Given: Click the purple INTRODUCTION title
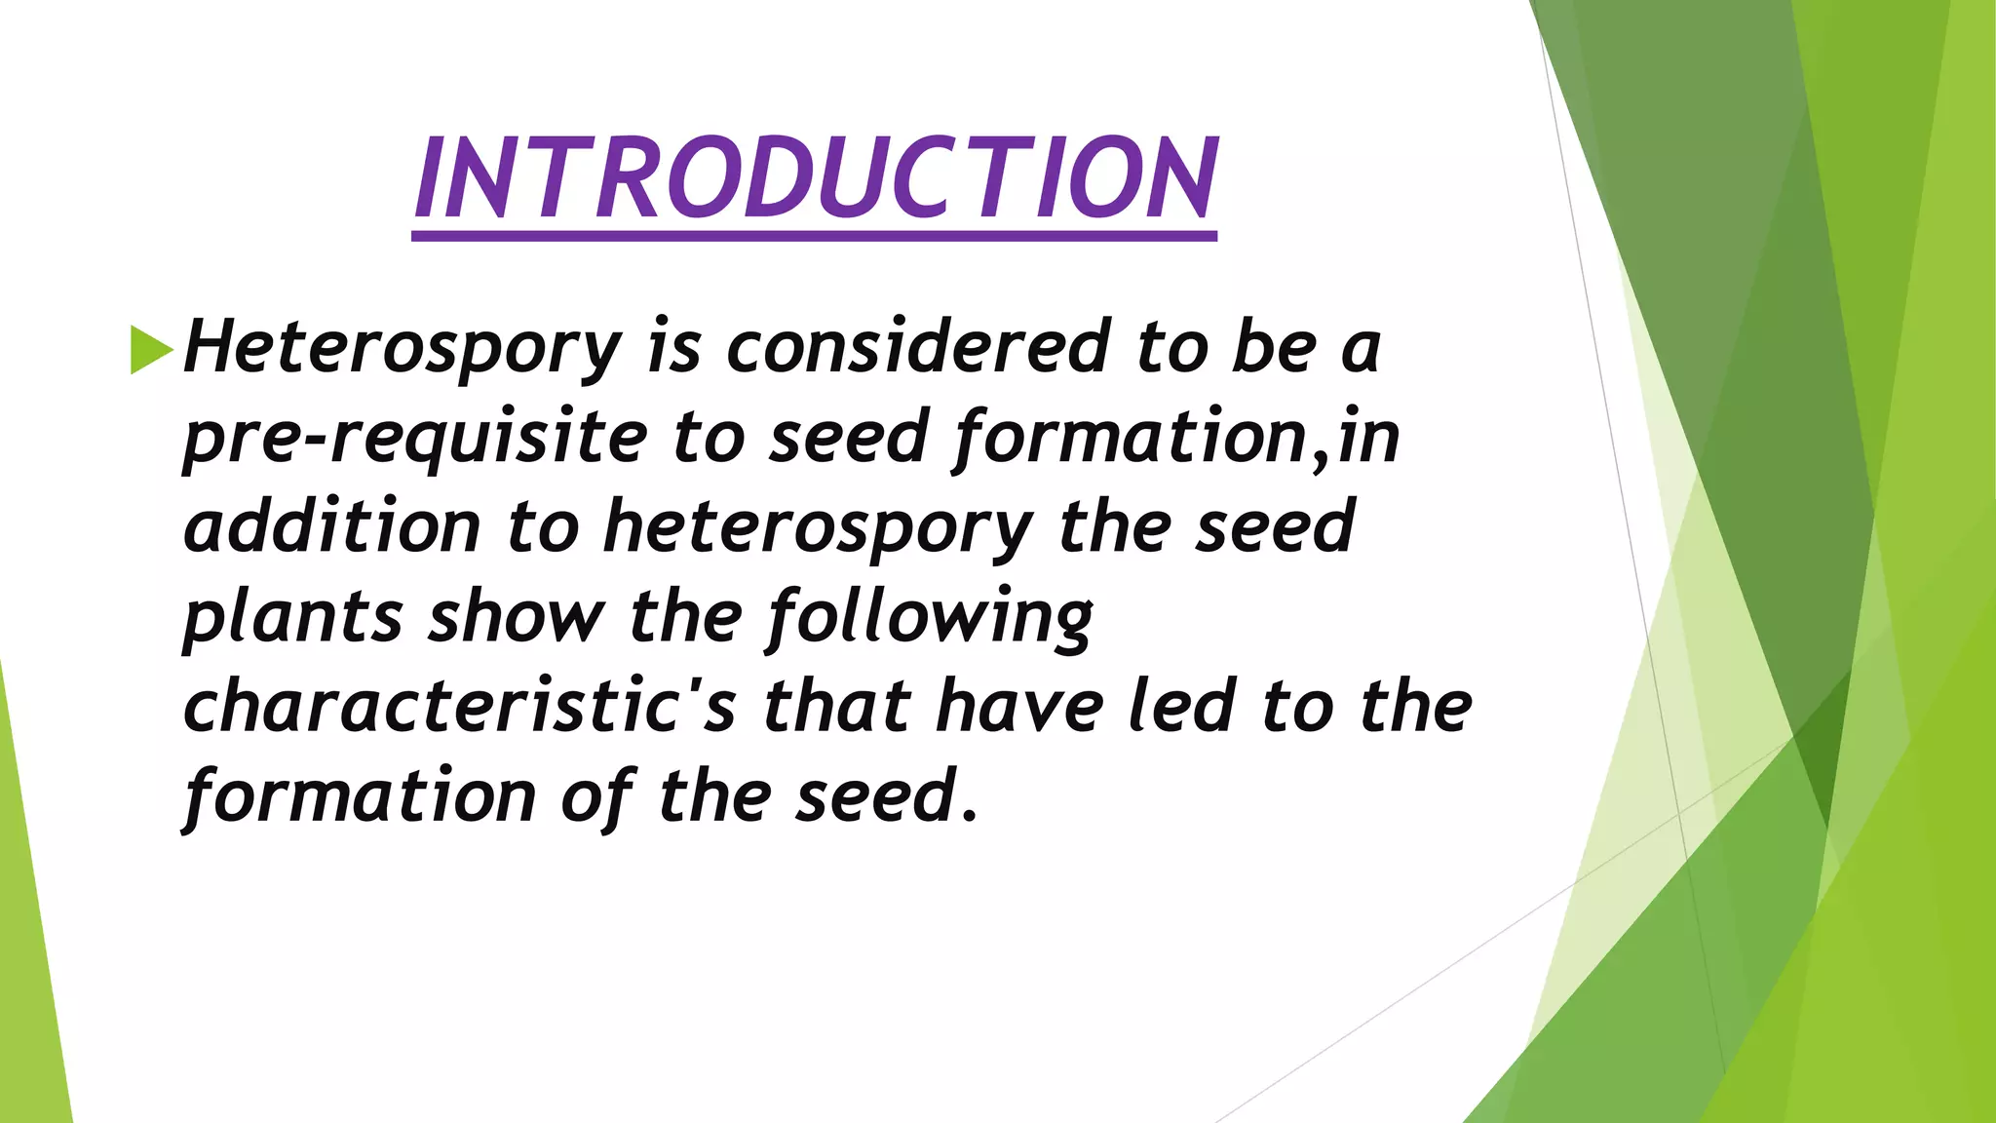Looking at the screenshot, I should point(815,177).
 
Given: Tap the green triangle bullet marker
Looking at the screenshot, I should point(150,349).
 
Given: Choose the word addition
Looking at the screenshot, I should point(331,527).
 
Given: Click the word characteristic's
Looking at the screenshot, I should point(459,707).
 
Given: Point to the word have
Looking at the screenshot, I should point(1018,707).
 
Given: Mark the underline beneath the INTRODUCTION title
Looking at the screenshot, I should point(815,236).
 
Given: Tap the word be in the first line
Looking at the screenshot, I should point(1273,347).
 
